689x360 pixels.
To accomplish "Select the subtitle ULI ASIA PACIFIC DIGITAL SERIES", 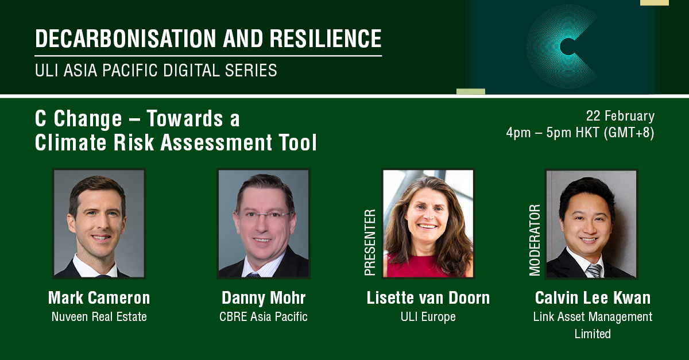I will [x=156, y=71].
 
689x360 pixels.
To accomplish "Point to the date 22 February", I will [x=620, y=116].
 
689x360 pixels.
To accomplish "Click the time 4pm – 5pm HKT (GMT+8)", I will [x=580, y=133].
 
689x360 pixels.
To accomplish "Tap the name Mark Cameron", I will [x=99, y=298].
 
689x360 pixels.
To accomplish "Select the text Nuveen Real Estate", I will [x=99, y=316].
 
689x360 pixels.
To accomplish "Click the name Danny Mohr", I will [x=263, y=298].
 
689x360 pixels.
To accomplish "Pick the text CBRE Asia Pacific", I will [x=263, y=316].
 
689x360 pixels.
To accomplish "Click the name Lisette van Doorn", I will [x=428, y=298].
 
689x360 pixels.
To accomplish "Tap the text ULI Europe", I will [x=428, y=316].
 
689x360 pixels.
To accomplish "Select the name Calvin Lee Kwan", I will [x=593, y=298].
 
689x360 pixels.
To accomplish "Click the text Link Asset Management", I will [x=593, y=316].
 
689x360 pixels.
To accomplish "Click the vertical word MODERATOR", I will [x=535, y=240].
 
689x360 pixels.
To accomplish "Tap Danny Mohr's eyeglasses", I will [x=263, y=216].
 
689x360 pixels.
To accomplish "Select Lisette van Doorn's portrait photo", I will [x=428, y=223].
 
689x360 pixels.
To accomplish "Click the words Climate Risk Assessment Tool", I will [x=176, y=142].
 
